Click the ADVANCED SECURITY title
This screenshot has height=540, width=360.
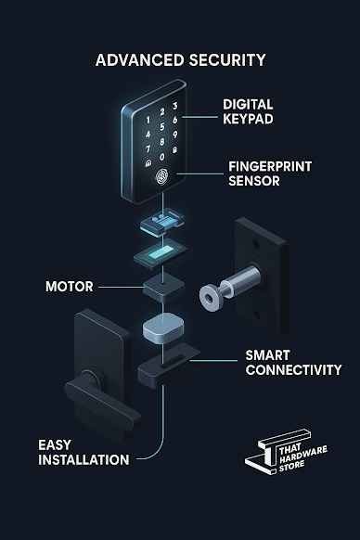click(x=181, y=60)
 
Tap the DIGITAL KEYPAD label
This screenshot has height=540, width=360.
click(x=248, y=111)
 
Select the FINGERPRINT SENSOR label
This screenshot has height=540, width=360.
click(x=270, y=174)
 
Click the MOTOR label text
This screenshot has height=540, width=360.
click(x=70, y=287)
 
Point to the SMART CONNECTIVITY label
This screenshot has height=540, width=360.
click(x=293, y=363)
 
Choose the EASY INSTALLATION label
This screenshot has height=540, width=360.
click(x=84, y=452)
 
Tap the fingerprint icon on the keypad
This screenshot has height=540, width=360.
click(x=162, y=176)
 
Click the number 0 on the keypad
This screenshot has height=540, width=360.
click(x=162, y=157)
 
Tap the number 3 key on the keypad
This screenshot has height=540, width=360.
click(x=175, y=106)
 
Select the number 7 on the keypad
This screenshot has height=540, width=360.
click(x=148, y=149)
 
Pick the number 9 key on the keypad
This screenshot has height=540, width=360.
click(x=175, y=135)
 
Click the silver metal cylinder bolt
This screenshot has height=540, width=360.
click(x=229, y=288)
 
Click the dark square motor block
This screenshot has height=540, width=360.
click(x=163, y=288)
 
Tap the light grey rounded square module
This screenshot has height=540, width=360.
click(x=163, y=328)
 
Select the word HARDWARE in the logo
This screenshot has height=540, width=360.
click(x=303, y=455)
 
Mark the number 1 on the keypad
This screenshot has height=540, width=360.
click(x=148, y=121)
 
